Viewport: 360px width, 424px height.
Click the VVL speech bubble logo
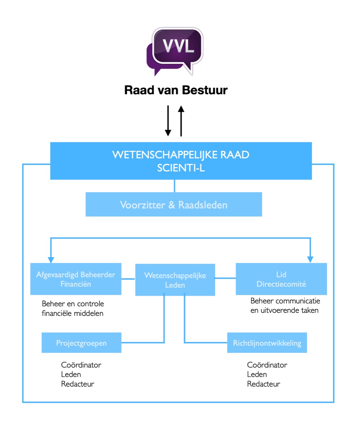pos(175,51)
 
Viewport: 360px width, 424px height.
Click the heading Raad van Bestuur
pos(176,90)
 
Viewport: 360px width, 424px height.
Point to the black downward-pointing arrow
pos(168,121)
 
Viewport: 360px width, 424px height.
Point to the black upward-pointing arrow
pos(181,121)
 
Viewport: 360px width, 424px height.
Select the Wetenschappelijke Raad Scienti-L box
pos(181,161)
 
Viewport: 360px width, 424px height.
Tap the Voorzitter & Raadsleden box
pos(174,204)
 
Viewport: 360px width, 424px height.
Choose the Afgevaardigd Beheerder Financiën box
pos(76,279)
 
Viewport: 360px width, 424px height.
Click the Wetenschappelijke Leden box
pos(175,280)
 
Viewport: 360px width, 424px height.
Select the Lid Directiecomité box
pos(281,279)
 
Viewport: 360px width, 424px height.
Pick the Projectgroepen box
pos(82,343)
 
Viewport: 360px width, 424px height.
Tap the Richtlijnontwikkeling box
pos(267,343)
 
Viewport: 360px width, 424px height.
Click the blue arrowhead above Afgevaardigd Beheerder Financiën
pos(51,260)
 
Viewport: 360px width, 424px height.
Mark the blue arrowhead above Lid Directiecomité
pos(310,259)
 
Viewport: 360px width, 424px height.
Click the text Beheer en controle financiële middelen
pos(73,308)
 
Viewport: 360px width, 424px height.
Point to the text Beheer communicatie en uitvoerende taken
pos(285,306)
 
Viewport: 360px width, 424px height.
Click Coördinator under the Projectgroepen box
pos(81,365)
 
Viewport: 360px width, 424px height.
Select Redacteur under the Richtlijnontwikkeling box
pos(264,384)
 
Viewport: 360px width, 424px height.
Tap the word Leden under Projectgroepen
pos(71,375)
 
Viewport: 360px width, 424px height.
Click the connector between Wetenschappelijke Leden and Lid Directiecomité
pos(225,278)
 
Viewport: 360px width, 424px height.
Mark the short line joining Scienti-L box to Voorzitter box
pos(174,186)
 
